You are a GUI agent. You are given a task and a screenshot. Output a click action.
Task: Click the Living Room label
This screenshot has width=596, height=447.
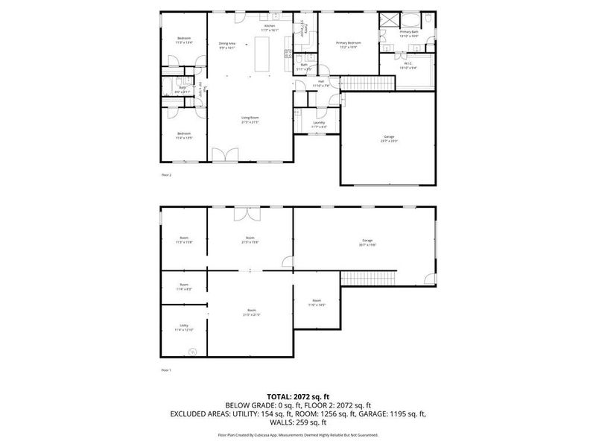click(250, 119)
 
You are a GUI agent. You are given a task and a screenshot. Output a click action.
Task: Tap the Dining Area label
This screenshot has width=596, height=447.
click(227, 45)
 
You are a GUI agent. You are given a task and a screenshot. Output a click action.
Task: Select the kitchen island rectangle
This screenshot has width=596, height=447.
click(261, 56)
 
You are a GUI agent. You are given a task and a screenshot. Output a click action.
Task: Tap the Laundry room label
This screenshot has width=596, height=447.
click(319, 124)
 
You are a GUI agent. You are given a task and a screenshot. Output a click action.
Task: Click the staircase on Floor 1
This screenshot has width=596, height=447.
click(367, 277)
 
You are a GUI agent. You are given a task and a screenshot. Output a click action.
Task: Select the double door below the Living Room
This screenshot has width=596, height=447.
click(226, 155)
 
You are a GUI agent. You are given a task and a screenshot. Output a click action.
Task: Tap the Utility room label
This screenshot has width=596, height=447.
click(183, 327)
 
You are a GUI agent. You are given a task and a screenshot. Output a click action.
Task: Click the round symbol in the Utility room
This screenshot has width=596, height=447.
click(192, 351)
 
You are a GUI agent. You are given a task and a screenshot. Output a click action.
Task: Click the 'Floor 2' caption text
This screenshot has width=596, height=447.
click(166, 175)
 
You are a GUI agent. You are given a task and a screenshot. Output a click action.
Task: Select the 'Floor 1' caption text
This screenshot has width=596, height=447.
click(166, 370)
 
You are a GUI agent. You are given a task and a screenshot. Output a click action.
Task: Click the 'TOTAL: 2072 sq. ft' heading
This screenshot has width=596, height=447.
click(297, 396)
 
